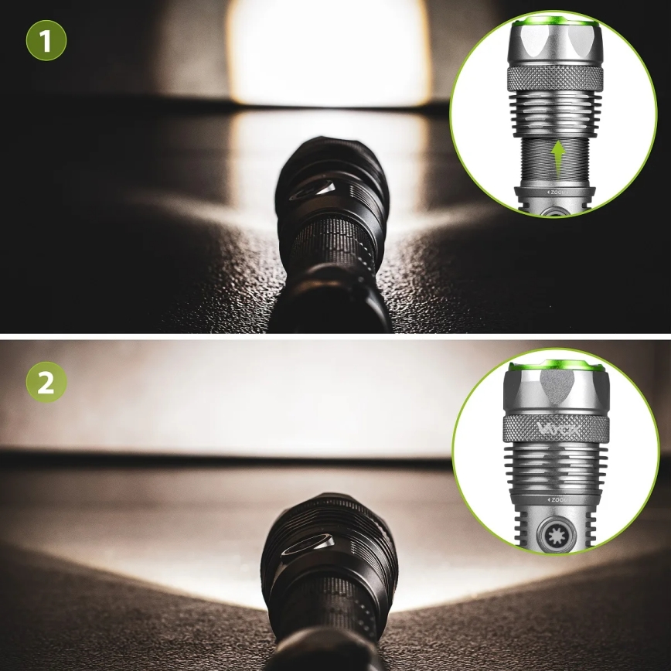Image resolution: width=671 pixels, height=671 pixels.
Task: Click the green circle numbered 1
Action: [46, 40]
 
